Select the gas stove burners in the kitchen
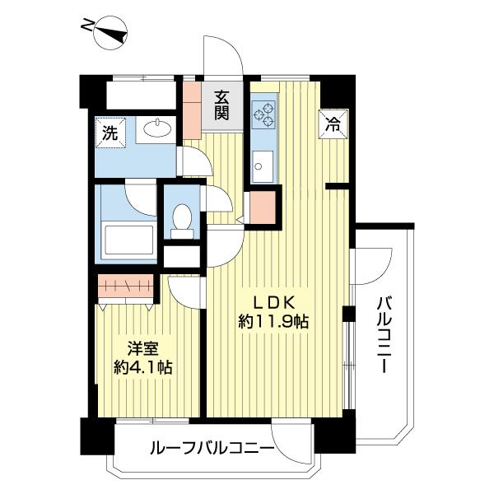266,114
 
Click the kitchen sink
264,168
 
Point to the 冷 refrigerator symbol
333,125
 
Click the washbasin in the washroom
154,128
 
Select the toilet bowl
183,218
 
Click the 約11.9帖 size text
273,322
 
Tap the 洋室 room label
142,348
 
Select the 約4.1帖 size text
142,368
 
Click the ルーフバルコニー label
212,449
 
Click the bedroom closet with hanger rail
126,288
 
